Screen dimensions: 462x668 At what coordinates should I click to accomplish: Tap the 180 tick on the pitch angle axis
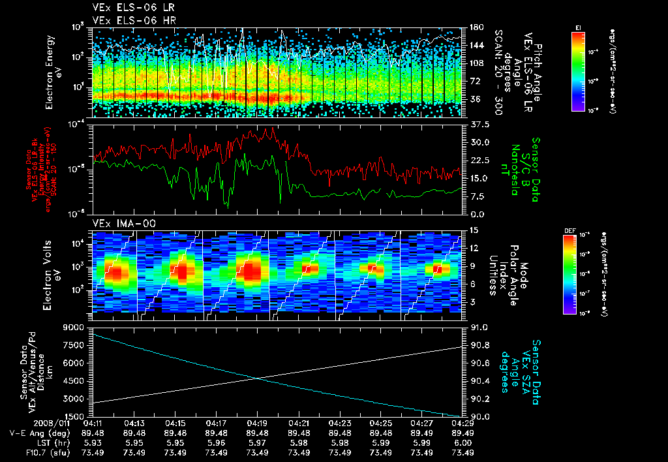coord(476,27)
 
